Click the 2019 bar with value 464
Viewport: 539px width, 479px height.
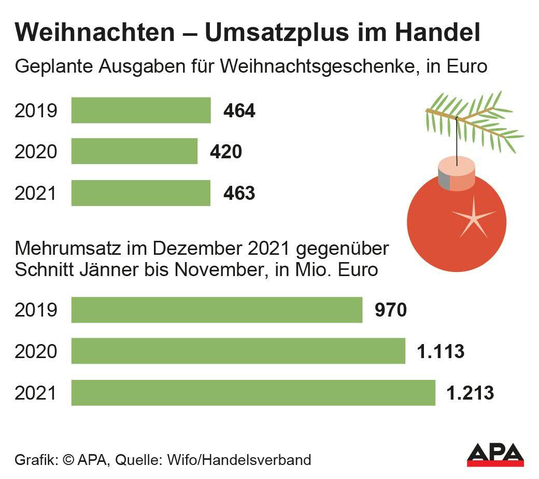coord(140,110)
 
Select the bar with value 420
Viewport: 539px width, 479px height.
coord(134,151)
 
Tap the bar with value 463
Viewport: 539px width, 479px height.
coord(140,193)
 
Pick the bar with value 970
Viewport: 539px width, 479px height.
coord(217,310)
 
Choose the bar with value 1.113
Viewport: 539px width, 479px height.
coord(238,351)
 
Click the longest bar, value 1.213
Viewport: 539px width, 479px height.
coord(253,393)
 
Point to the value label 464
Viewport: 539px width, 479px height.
coord(239,111)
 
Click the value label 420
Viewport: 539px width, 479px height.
coord(226,152)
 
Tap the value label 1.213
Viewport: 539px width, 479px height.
coord(470,393)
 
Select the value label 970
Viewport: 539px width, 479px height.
coord(390,310)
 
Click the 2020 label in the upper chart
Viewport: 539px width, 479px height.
coord(35,152)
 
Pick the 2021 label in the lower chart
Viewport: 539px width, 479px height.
coord(35,393)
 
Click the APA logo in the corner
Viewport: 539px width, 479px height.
coord(495,454)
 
